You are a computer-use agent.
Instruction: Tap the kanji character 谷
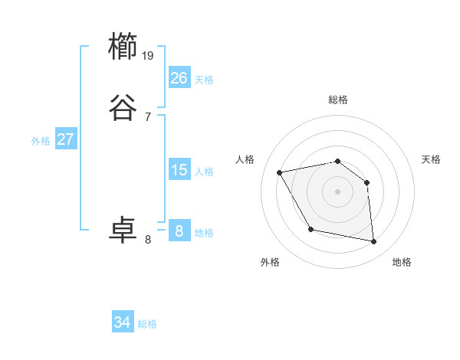[x=123, y=107]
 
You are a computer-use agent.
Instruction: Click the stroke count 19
[x=149, y=55]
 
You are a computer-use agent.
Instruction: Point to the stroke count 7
[x=147, y=116]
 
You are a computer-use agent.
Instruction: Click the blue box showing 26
[x=179, y=78]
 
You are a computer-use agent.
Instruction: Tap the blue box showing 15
[x=179, y=170]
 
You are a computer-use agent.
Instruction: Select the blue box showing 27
[x=66, y=139]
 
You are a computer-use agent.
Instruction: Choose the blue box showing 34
[x=123, y=322]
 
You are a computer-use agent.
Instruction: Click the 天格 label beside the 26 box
[x=204, y=80]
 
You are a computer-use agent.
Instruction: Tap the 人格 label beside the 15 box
[x=204, y=172]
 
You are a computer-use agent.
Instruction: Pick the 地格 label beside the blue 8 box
[x=204, y=233]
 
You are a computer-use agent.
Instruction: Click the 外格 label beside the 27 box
[x=41, y=141]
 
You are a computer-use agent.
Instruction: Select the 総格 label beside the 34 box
[x=147, y=324]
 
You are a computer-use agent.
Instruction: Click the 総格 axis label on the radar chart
[x=338, y=100]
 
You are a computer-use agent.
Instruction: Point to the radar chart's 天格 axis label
[x=432, y=159]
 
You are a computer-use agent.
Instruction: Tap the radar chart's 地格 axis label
[x=402, y=262]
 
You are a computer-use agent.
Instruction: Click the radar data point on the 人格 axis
[x=280, y=172]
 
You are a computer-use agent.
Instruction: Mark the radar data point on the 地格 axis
[x=374, y=242]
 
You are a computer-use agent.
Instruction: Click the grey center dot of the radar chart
[x=337, y=191]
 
